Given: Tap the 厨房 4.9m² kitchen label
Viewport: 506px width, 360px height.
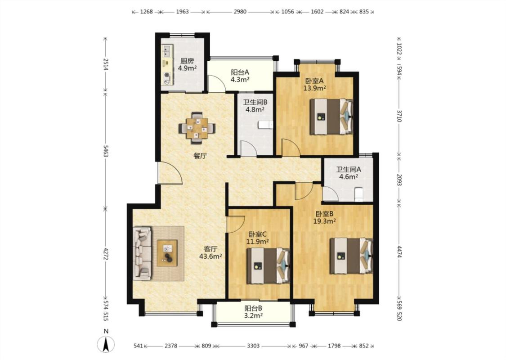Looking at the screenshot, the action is [x=188, y=64].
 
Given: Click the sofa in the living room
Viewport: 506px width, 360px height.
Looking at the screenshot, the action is [x=142, y=253].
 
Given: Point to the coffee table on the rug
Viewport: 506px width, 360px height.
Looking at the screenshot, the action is [x=167, y=253].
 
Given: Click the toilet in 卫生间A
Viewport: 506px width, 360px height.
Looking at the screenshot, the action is [x=359, y=194].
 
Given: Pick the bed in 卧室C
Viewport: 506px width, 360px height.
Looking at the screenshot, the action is [x=268, y=265].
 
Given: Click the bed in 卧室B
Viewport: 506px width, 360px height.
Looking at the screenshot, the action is [x=351, y=256].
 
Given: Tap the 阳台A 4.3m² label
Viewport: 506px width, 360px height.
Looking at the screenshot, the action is [x=240, y=76].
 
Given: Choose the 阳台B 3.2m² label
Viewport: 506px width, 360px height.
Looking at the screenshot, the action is [x=253, y=312].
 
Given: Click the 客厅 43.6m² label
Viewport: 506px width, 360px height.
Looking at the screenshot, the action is [x=210, y=252].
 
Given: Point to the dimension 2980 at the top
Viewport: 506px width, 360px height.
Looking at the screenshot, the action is [x=240, y=12].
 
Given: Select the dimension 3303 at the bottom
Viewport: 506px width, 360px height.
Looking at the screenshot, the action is [x=253, y=346].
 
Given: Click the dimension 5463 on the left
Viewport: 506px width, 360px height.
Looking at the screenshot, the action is [x=105, y=151].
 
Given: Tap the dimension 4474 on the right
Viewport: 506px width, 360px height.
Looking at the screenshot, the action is [x=399, y=252].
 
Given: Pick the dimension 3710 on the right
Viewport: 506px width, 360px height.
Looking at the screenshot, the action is [x=399, y=116].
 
